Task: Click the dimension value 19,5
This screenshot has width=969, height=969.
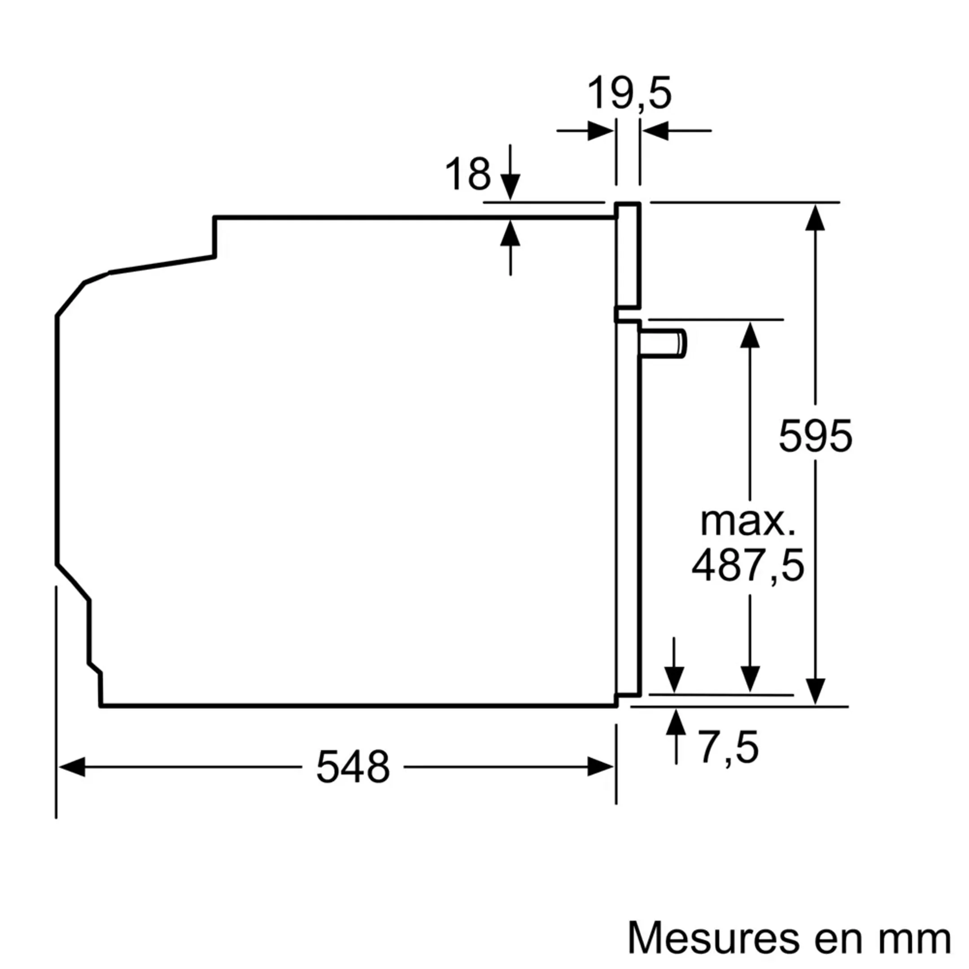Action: click(629, 93)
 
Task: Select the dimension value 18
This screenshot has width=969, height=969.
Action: click(467, 174)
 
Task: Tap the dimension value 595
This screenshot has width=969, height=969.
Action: click(815, 436)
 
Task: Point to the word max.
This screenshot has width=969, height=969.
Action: click(748, 522)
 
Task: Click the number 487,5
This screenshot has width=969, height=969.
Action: click(748, 565)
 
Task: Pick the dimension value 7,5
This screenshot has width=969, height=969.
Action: click(728, 748)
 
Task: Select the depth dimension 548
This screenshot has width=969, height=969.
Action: click(353, 767)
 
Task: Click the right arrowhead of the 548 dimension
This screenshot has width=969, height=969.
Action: click(600, 767)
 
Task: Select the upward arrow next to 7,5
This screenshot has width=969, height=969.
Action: click(676, 723)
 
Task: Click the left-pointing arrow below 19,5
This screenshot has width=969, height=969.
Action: click(655, 131)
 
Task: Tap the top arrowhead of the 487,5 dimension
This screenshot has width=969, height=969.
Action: click(750, 335)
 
